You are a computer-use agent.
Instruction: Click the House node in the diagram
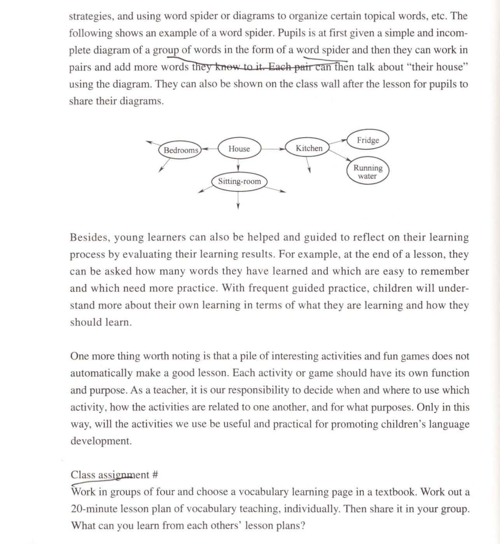[x=239, y=149]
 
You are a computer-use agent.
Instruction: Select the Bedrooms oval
[x=180, y=150]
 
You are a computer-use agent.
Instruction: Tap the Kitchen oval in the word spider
[x=309, y=148]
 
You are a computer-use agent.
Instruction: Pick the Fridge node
[x=368, y=140]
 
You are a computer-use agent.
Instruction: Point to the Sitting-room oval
[x=239, y=181]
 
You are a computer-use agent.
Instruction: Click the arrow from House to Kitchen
[x=273, y=149]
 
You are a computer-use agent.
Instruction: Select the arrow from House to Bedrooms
[x=209, y=149]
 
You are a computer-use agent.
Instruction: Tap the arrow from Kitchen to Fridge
[x=338, y=142]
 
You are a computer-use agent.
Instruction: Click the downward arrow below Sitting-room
[x=238, y=200]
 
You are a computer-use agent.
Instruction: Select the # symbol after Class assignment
[x=155, y=475]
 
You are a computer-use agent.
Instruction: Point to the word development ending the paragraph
[x=101, y=441]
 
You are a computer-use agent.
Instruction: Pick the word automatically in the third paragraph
[x=100, y=373]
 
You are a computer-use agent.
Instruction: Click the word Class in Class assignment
[x=82, y=475]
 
